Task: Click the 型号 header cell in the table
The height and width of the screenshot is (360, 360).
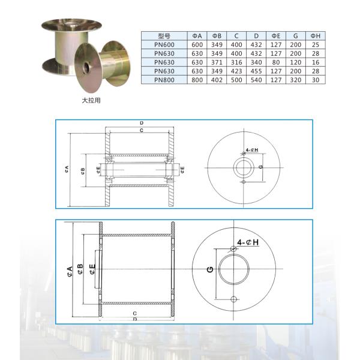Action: [164, 36]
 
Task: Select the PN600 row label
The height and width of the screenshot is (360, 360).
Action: [164, 45]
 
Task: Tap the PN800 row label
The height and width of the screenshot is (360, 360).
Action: [164, 80]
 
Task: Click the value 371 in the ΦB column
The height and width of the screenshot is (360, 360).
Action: [217, 62]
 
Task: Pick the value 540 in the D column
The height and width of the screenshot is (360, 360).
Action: [256, 80]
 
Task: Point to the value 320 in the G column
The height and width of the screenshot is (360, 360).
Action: [295, 80]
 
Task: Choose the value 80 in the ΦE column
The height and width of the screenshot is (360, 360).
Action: [276, 62]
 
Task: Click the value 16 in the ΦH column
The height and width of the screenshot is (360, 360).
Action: [316, 62]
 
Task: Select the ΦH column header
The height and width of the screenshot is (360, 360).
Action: [316, 36]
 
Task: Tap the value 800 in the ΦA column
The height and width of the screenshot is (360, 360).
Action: [197, 80]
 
